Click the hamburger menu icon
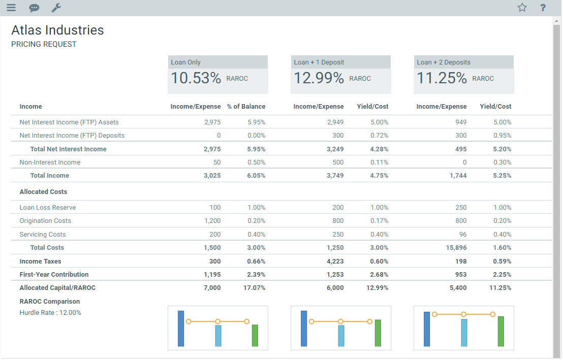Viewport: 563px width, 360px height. point(11,8)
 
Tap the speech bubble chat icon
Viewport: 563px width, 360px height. point(34,8)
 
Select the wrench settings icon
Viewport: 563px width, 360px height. point(56,8)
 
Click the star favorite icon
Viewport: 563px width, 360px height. point(522,8)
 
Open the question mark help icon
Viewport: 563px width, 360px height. point(543,8)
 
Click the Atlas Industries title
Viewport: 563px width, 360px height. point(57,30)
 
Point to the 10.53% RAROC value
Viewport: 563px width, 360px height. point(196,78)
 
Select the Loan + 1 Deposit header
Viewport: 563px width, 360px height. point(319,62)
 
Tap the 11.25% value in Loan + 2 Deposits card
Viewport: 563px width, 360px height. point(442,78)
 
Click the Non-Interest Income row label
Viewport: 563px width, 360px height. point(50,162)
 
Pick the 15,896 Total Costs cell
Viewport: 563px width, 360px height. point(456,248)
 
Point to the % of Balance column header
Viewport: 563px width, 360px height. point(246,107)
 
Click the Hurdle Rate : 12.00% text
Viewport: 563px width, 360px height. point(50,313)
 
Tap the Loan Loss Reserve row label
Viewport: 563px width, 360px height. point(47,208)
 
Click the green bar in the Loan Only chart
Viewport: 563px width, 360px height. point(255,336)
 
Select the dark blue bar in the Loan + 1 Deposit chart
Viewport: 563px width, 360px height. point(304,329)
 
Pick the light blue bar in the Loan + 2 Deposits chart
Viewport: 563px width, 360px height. point(464,333)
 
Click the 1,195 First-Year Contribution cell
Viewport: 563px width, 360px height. point(212,275)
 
